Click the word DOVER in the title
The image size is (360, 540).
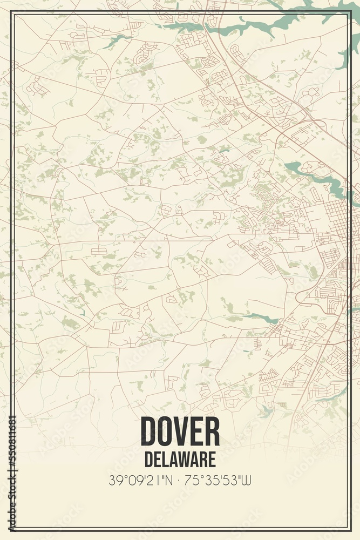(180, 431)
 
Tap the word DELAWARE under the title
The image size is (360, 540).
(180, 458)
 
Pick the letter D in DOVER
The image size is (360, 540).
(149, 431)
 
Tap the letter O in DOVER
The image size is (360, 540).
(166, 431)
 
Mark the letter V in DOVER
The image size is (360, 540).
(182, 431)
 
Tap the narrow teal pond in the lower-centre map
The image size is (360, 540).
(261, 317)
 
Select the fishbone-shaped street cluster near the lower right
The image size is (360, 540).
(268, 375)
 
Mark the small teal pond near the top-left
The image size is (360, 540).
(115, 39)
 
